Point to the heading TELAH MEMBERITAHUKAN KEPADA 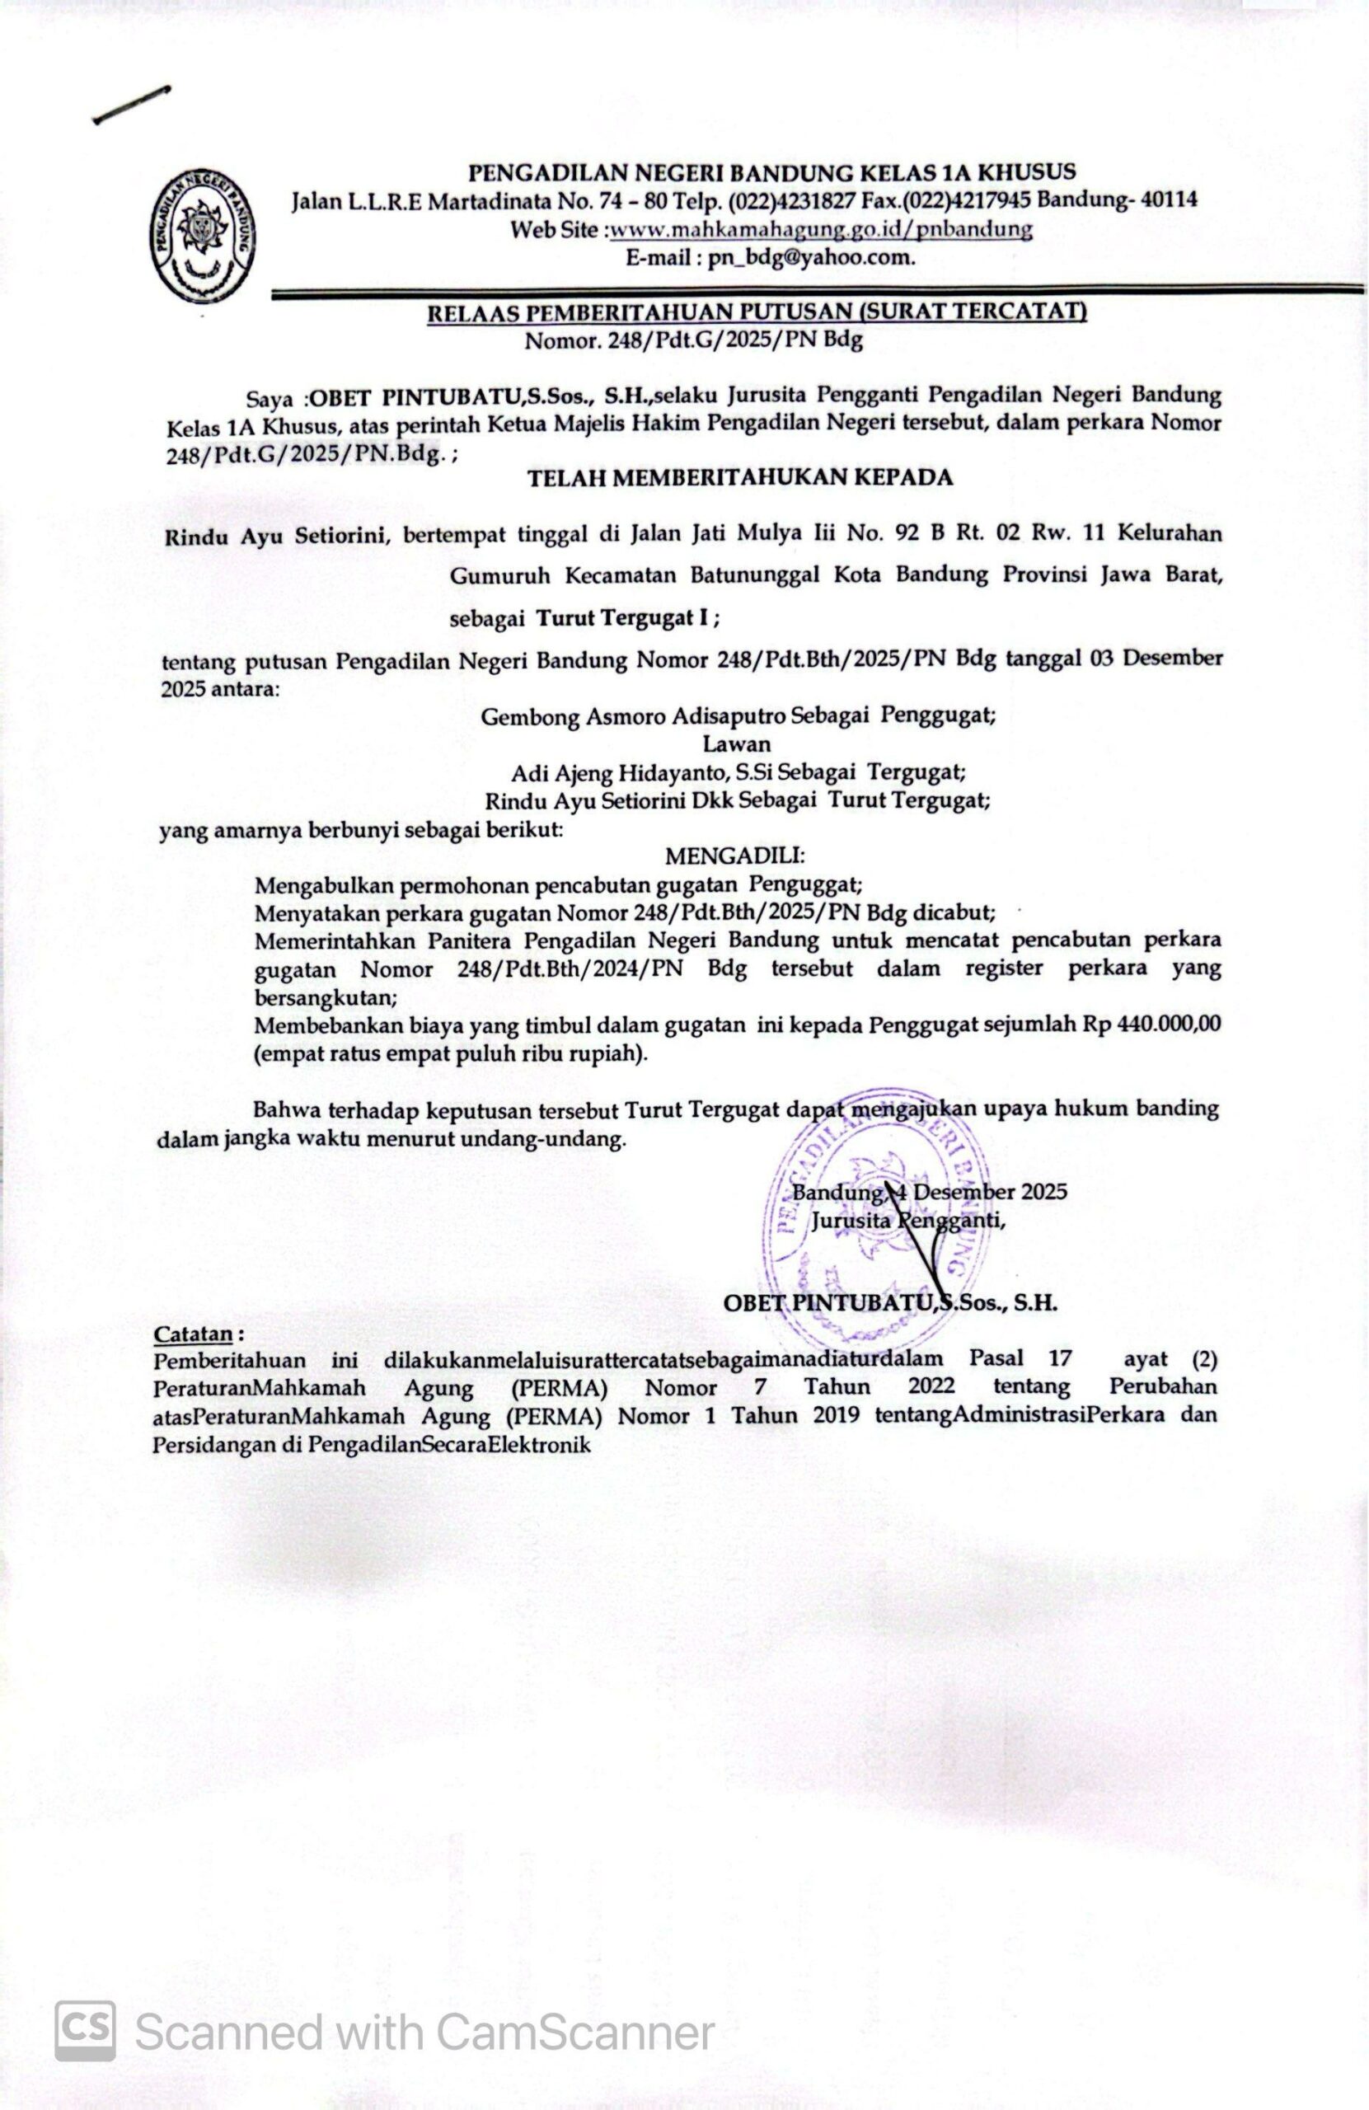click(740, 477)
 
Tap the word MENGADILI click(735, 856)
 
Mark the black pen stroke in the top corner click(131, 105)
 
